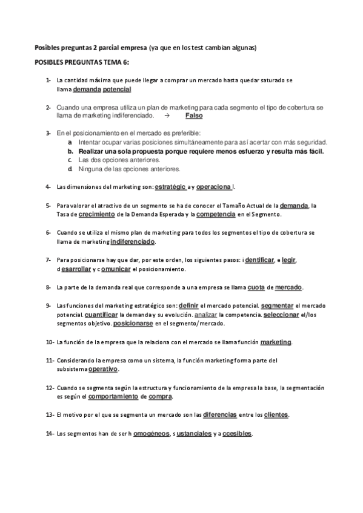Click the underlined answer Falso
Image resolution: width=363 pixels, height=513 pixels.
[194, 115]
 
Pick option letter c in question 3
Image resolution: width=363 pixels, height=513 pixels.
[70, 160]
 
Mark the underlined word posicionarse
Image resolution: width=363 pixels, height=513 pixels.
[133, 324]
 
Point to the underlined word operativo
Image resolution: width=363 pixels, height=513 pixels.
[103, 369]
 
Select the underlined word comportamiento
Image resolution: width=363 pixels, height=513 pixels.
[113, 396]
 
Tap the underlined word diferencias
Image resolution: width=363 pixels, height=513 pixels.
[207, 414]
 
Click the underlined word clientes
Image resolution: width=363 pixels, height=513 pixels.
[276, 414]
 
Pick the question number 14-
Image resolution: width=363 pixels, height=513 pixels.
[50, 433]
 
